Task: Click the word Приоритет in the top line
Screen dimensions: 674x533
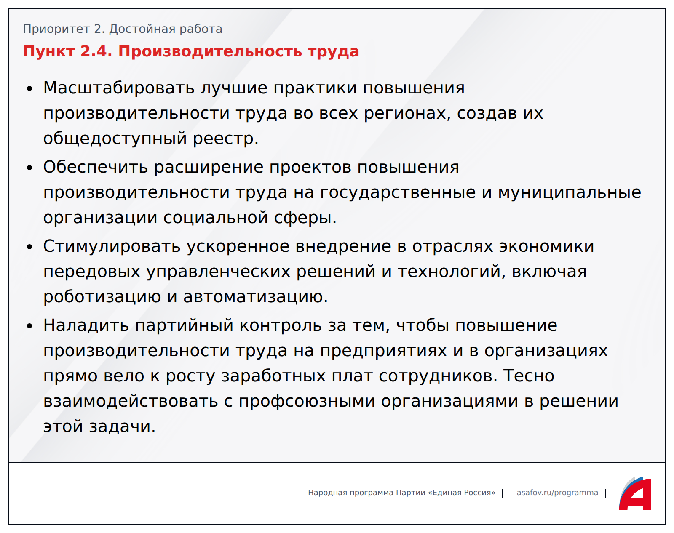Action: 56,29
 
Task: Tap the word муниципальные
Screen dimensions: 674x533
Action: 570,193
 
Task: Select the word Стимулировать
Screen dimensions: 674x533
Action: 112,246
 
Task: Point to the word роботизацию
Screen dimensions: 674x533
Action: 102,297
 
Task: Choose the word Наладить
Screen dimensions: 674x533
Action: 86,325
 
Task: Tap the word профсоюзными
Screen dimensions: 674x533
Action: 307,402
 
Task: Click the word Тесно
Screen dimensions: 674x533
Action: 529,376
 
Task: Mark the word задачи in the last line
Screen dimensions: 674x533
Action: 122,426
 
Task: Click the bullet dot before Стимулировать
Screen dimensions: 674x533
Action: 30,247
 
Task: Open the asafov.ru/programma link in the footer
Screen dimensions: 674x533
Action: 557,493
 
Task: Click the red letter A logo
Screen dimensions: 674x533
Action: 635,494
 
